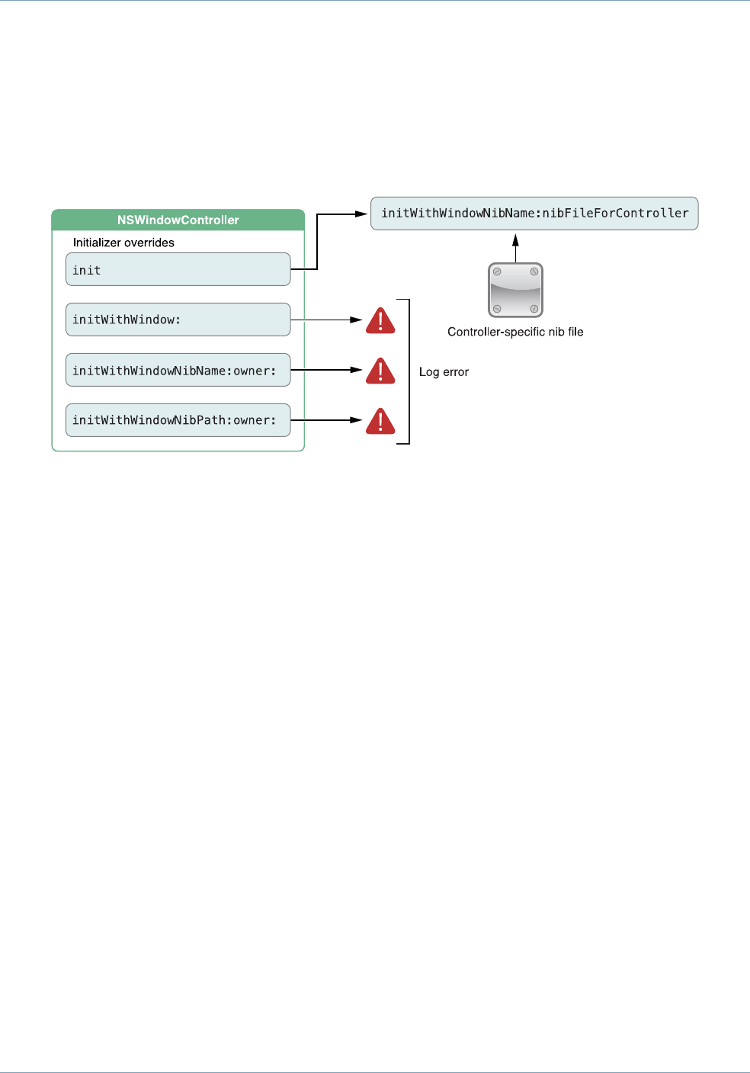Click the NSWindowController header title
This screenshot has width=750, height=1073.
click(178, 220)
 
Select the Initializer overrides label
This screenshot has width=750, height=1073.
click(123, 243)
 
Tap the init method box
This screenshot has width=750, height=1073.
click(178, 269)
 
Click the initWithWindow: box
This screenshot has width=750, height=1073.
click(178, 320)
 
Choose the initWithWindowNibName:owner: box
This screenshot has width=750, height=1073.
click(178, 370)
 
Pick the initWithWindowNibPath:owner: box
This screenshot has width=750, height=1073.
click(178, 420)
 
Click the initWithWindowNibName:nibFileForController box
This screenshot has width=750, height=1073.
click(534, 214)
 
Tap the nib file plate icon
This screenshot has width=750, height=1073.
click(515, 290)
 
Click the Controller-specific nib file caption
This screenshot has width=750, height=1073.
click(515, 332)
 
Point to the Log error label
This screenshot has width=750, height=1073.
click(444, 372)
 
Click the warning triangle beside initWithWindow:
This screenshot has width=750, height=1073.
click(380, 321)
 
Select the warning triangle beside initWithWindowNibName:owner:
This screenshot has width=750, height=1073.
click(380, 371)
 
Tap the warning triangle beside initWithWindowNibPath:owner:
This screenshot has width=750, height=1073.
click(380, 422)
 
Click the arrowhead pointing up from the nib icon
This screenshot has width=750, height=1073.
click(515, 239)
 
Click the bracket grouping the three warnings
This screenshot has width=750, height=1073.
click(409, 371)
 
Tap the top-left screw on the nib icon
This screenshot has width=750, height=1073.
click(497, 271)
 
